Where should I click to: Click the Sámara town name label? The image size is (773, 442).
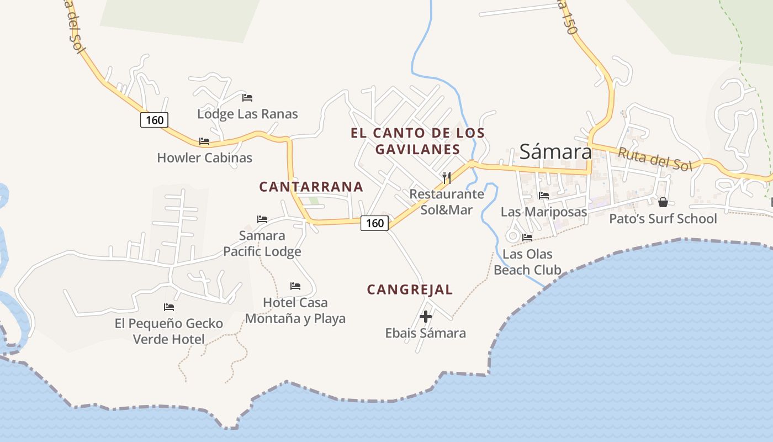(555, 151)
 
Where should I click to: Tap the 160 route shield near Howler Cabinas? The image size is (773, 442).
(154, 120)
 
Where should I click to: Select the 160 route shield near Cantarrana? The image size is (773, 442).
(375, 223)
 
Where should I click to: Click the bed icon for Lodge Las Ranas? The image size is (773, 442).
(247, 98)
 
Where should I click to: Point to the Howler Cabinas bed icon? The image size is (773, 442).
(204, 141)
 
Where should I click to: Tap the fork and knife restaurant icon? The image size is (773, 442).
(447, 177)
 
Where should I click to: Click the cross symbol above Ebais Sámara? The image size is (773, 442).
(426, 317)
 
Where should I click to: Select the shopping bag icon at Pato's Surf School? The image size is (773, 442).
(663, 202)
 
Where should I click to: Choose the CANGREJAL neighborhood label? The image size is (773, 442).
(410, 290)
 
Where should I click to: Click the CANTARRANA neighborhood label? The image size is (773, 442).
(311, 187)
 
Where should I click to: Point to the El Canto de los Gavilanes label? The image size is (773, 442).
(417, 141)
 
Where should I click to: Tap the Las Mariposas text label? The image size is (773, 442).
(544, 212)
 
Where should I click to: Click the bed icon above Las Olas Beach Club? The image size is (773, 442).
(527, 238)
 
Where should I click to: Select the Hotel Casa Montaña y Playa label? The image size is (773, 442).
(295, 311)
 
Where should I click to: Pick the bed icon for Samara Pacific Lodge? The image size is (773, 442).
(262, 219)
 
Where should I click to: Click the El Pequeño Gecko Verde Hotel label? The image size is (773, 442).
(168, 331)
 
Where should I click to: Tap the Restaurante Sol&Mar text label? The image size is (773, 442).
(447, 202)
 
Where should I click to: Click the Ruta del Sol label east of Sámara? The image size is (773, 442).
(654, 159)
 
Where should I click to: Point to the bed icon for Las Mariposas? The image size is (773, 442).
(544, 195)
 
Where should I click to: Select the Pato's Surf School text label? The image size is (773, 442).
(663, 219)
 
